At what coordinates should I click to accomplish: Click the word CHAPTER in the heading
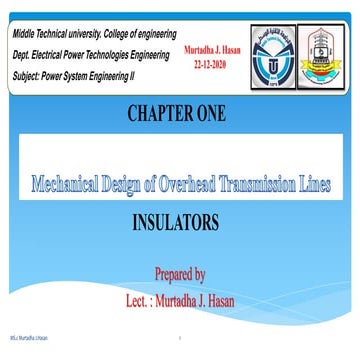click(x=161, y=112)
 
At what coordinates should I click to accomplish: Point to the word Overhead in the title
click(x=198, y=184)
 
